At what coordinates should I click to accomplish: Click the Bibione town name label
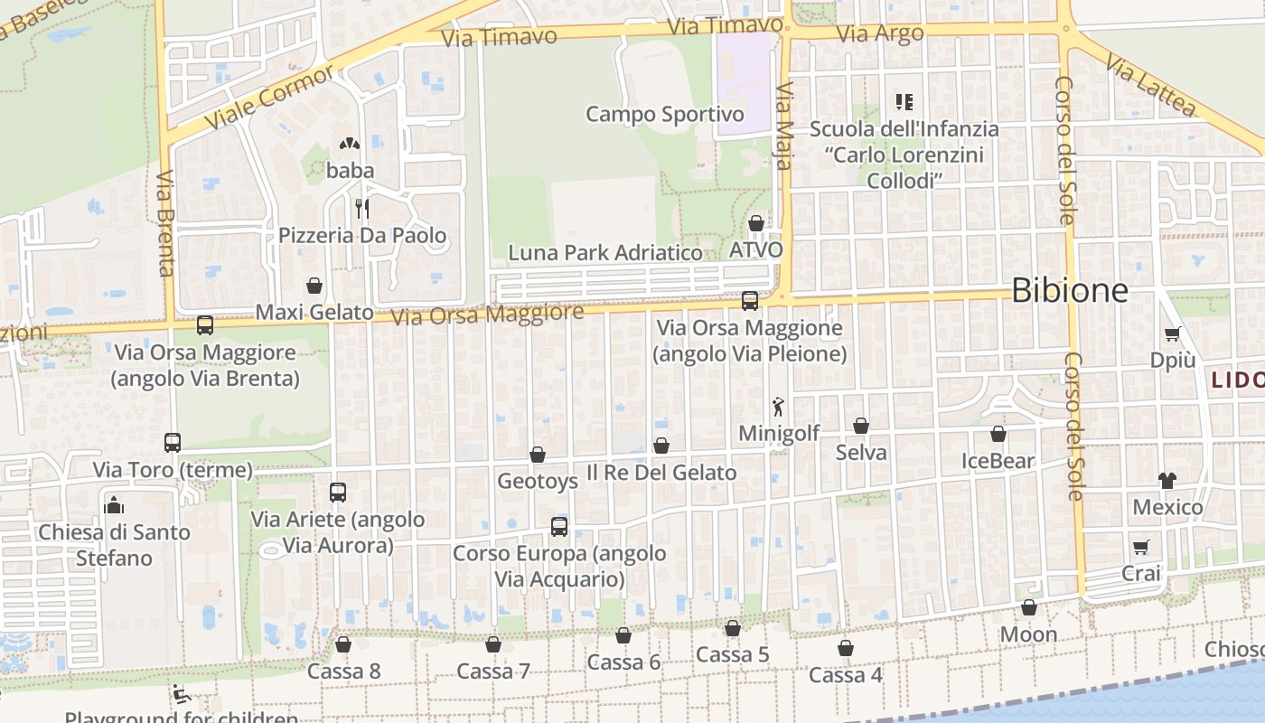click(1070, 290)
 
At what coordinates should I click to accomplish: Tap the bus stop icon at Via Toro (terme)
click(173, 443)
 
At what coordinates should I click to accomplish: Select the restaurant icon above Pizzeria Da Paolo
click(361, 209)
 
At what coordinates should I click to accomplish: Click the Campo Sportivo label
click(665, 115)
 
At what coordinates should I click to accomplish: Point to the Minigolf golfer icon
click(778, 407)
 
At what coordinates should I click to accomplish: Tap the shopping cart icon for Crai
click(1141, 547)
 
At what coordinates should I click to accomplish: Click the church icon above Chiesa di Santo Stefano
click(114, 505)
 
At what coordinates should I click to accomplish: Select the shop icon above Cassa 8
click(343, 644)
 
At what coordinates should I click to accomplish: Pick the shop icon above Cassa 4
click(846, 648)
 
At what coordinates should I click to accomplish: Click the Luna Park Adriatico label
click(605, 253)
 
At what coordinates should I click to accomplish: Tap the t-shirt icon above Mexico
click(1167, 480)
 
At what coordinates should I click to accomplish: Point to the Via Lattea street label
click(1150, 88)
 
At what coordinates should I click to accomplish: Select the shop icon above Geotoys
click(538, 455)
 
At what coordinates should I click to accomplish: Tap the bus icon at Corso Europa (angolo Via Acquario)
click(559, 527)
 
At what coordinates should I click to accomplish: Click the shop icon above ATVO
click(756, 223)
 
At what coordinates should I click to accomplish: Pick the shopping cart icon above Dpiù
click(1173, 333)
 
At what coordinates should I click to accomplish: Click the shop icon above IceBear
click(998, 435)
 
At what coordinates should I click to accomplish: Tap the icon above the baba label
click(350, 144)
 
